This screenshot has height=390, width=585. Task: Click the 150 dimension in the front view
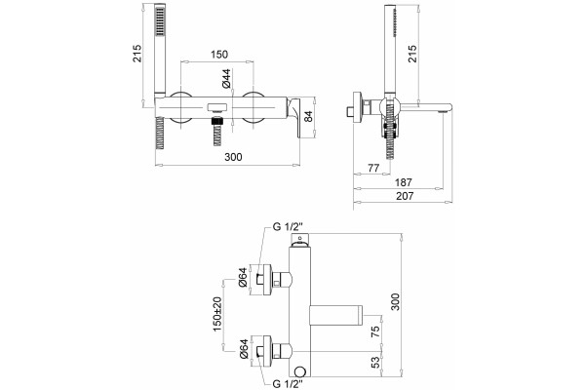coord(219,55)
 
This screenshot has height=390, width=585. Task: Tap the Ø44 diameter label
coord(226,79)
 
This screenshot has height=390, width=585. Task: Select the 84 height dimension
coord(308,116)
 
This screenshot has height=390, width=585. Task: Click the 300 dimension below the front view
coord(233,157)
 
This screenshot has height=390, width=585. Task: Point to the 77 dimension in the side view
coord(373,168)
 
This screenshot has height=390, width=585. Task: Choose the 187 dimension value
coord(404,182)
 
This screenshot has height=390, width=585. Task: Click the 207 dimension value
coord(405,196)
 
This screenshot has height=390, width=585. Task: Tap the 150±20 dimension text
coord(216,314)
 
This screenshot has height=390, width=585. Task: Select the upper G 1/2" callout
coord(287,226)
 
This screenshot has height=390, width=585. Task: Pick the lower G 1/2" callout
coord(287,383)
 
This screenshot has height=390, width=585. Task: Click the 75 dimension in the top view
coord(375,331)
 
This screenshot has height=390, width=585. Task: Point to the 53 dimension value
coord(375,362)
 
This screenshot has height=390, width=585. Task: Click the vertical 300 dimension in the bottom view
coord(395,302)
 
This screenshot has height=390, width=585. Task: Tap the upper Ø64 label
coord(243,277)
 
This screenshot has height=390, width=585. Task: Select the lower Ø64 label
coord(243,349)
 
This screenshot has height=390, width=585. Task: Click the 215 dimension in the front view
coord(137,54)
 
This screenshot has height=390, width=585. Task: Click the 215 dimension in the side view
coord(412,54)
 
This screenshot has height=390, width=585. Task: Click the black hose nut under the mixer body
coord(216,121)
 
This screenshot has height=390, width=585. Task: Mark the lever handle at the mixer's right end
coord(295,116)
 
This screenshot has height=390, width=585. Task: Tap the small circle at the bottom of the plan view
coord(299,370)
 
